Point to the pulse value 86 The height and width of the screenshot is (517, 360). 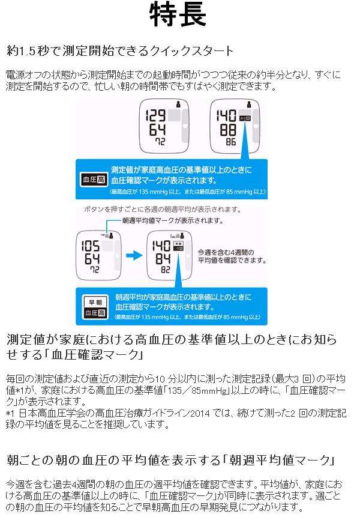click(x=230, y=143)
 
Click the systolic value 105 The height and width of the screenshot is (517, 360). click(x=91, y=247)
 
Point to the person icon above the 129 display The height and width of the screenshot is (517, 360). click(x=178, y=104)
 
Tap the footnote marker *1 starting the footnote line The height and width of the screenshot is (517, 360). click(x=9, y=414)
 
